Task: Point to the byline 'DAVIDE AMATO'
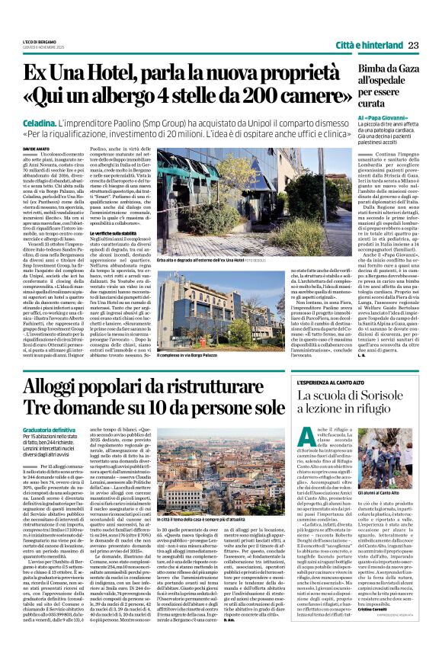35,148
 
